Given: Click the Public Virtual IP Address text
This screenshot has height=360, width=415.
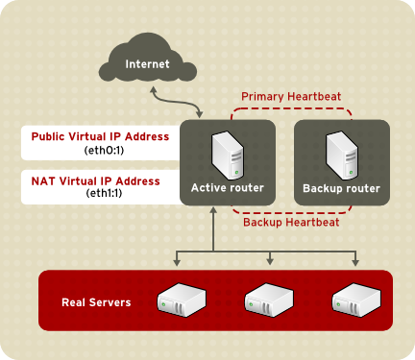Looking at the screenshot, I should coord(101,136).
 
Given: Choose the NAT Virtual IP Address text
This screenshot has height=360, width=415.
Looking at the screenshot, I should coord(101,180).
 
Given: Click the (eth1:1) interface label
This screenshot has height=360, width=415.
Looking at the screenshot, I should coord(101,194).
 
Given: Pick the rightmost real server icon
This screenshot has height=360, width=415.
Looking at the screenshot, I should coord(356,300).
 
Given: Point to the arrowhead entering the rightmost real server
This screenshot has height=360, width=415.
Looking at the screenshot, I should coord(356,263).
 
